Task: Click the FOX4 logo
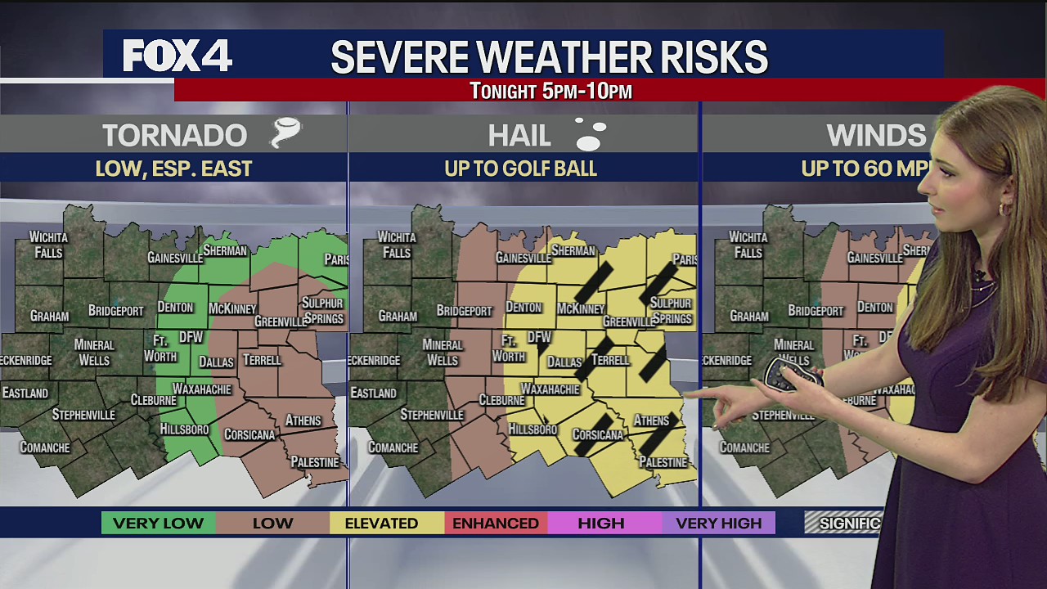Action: [x=177, y=56]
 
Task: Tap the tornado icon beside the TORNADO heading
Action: [x=286, y=133]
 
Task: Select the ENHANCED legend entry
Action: [x=496, y=523]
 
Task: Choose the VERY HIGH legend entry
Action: [x=718, y=523]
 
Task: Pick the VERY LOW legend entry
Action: [x=158, y=523]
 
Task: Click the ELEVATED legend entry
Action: [x=381, y=523]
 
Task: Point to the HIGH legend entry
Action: [x=601, y=523]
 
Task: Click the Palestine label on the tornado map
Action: [x=315, y=462]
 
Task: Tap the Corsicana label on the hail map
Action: [x=598, y=435]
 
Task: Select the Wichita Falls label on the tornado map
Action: [x=48, y=245]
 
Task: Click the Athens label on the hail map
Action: [x=651, y=420]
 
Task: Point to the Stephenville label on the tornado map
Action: [x=83, y=415]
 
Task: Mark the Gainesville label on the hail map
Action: [x=523, y=258]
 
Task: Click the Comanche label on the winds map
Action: [x=744, y=447]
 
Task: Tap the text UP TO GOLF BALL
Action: [x=520, y=169]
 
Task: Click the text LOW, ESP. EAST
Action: [x=173, y=169]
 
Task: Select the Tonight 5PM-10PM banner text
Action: [x=550, y=91]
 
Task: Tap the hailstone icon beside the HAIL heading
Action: [x=591, y=135]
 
